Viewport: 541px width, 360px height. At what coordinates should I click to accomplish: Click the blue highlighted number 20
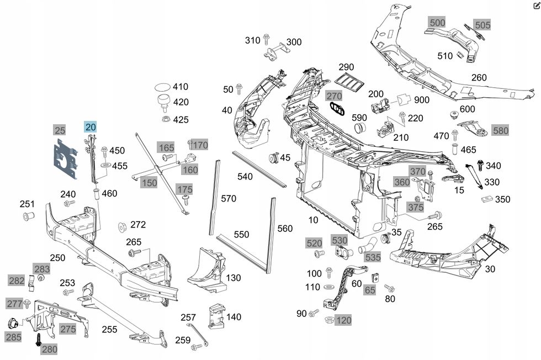pyautogui.click(x=91, y=127)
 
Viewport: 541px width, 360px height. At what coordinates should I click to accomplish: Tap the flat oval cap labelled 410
pyautogui.click(x=162, y=87)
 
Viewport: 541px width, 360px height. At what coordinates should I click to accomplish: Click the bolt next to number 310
pyautogui.click(x=266, y=40)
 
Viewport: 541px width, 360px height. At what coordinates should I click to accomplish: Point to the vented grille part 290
pyautogui.click(x=350, y=81)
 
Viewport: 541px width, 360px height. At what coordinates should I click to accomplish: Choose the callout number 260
pyautogui.click(x=479, y=78)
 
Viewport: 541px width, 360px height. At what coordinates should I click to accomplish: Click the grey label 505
pyautogui.click(x=482, y=25)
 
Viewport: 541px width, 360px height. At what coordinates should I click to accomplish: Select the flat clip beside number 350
pyautogui.click(x=486, y=199)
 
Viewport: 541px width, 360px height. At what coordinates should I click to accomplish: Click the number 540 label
pyautogui.click(x=245, y=177)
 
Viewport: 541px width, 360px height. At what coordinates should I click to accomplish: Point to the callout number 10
pyautogui.click(x=313, y=220)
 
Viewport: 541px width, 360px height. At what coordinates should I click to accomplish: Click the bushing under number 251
pyautogui.click(x=28, y=216)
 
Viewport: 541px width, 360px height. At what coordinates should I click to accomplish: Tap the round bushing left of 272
pyautogui.click(x=123, y=226)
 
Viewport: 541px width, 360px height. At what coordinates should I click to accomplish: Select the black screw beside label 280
pyautogui.click(x=39, y=340)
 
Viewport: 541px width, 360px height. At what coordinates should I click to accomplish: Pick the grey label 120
pyautogui.click(x=343, y=320)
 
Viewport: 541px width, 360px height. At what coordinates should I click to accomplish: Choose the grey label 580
pyautogui.click(x=500, y=131)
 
